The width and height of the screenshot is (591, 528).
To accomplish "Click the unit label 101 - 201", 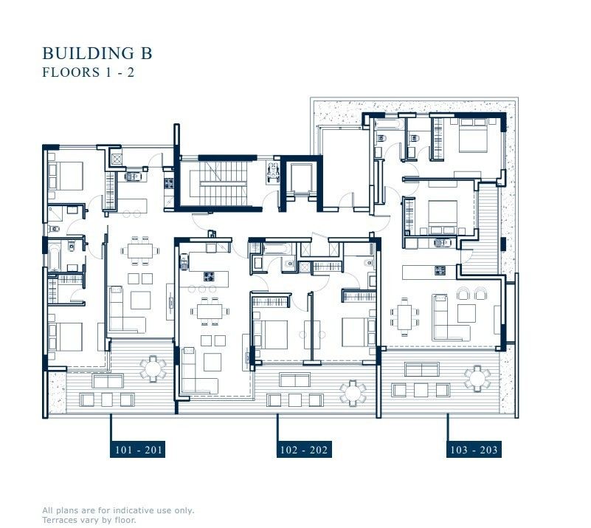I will click(138, 450).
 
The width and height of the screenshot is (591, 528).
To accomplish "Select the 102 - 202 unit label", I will click(303, 450).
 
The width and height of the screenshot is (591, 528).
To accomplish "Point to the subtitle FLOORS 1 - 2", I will click(87, 72).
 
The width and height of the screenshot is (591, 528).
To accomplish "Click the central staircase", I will click(218, 183).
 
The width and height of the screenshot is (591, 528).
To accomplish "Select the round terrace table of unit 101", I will click(153, 366).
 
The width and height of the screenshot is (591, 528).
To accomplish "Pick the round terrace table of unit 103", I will click(477, 377).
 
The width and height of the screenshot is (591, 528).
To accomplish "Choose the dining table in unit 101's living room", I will click(139, 250).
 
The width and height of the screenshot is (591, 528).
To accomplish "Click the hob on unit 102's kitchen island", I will click(209, 278).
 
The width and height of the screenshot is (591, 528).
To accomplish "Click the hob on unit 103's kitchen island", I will click(440, 270).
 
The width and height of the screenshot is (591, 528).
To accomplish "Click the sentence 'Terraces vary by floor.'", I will click(89, 520).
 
